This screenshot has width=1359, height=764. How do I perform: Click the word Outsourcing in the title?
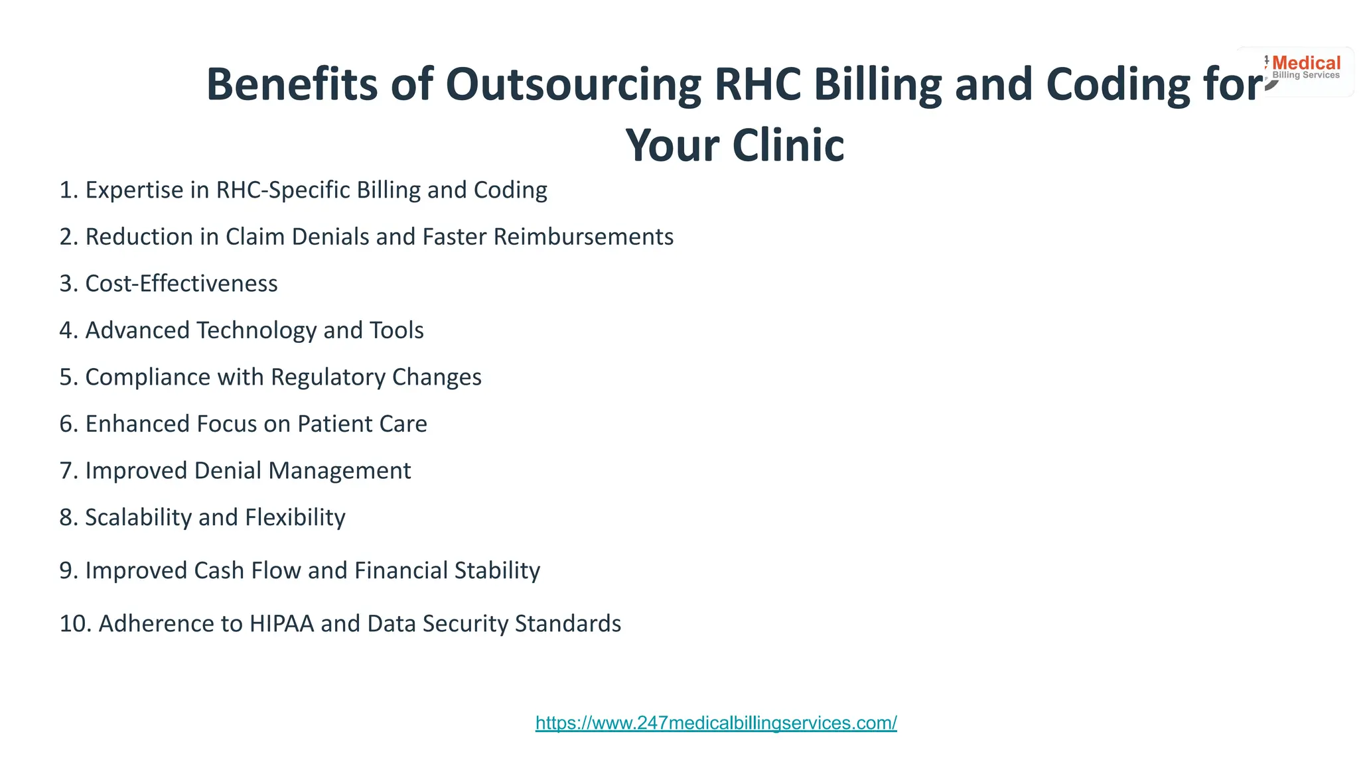[573, 85]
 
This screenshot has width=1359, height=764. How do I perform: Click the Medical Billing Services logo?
[1305, 69]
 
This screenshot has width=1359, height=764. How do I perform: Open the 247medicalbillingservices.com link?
[716, 723]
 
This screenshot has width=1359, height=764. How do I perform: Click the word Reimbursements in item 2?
[583, 237]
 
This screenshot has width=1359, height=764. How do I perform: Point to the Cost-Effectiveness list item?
[181, 284]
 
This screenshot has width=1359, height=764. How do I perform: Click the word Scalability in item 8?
[138, 517]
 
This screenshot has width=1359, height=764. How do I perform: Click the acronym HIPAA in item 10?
[281, 623]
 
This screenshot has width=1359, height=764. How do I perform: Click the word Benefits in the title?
[292, 85]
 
